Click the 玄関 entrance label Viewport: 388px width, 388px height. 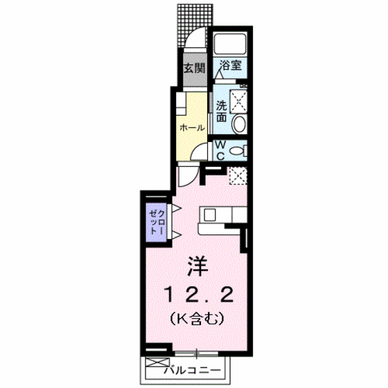[195, 69]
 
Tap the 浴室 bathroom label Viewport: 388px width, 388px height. [231, 67]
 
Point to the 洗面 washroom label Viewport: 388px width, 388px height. [221, 112]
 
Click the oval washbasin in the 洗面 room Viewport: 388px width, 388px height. [238, 125]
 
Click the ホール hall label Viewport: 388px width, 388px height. [192, 128]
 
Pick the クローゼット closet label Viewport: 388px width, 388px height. [155, 222]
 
